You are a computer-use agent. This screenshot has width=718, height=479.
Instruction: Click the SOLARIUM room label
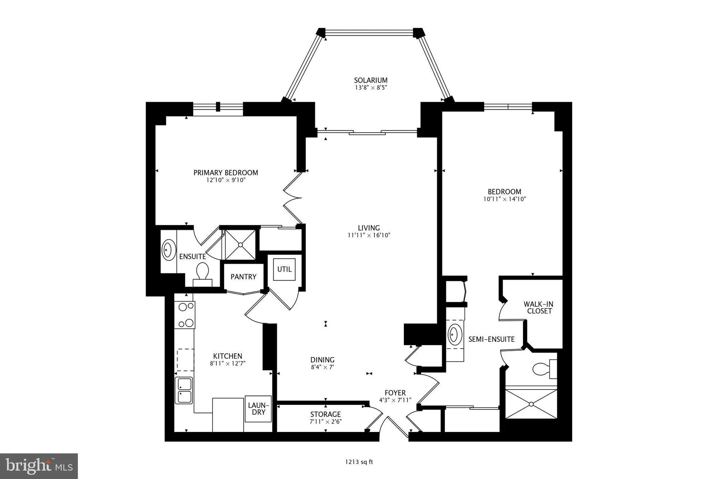(371, 80)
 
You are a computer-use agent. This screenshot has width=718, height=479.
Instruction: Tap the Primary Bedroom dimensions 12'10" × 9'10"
(225, 180)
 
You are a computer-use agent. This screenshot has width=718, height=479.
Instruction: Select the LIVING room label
(369, 228)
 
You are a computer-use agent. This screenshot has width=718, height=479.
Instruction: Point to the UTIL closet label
(284, 269)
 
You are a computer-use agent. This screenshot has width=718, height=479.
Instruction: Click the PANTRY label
(243, 277)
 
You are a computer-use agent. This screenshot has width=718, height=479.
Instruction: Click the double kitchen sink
(184, 390)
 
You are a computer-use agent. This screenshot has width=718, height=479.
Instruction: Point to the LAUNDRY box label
(258, 409)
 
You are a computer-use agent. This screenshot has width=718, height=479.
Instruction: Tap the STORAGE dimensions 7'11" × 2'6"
(326, 422)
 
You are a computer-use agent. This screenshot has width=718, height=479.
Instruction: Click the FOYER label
(395, 393)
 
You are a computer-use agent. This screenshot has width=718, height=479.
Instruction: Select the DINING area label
(322, 360)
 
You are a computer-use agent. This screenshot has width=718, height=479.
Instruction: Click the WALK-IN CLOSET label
(538, 308)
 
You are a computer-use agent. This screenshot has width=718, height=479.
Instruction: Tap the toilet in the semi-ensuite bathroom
(542, 369)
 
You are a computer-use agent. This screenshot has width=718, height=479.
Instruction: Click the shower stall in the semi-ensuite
(531, 404)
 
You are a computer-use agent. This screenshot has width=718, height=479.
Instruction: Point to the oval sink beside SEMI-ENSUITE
(455, 335)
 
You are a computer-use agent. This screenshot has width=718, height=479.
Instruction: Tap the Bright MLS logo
(39, 466)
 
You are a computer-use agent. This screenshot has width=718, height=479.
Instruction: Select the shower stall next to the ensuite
(240, 245)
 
